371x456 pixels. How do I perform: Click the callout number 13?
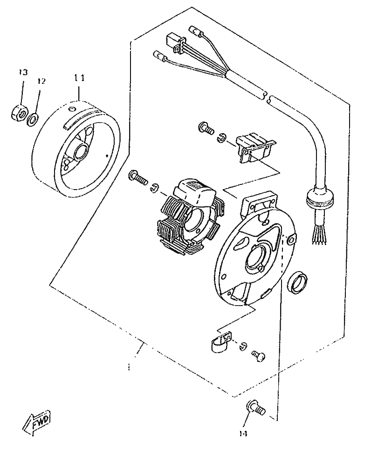coord(23,72)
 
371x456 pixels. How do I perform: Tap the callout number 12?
coord(41,82)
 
